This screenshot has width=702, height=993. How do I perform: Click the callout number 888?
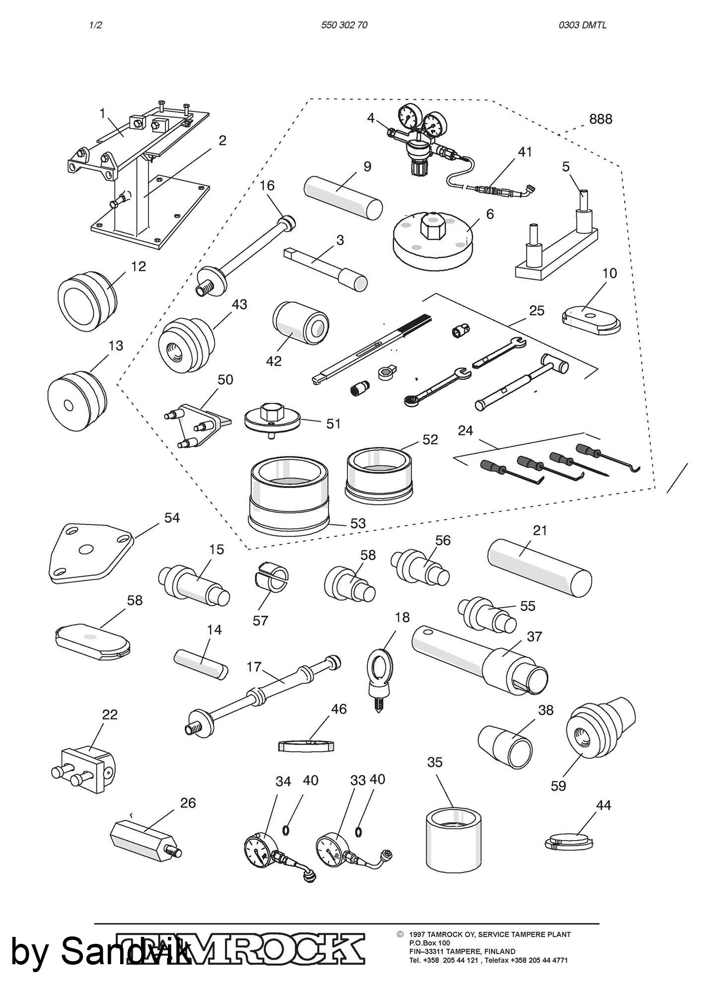pos(600,119)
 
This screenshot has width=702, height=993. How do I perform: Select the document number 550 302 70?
pos(344,25)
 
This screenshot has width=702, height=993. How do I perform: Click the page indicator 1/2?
pos(95,25)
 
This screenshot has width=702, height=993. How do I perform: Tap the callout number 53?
pos(358,523)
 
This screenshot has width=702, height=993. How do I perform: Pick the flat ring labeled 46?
pos(305,746)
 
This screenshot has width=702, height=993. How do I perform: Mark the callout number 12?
pos(139,267)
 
